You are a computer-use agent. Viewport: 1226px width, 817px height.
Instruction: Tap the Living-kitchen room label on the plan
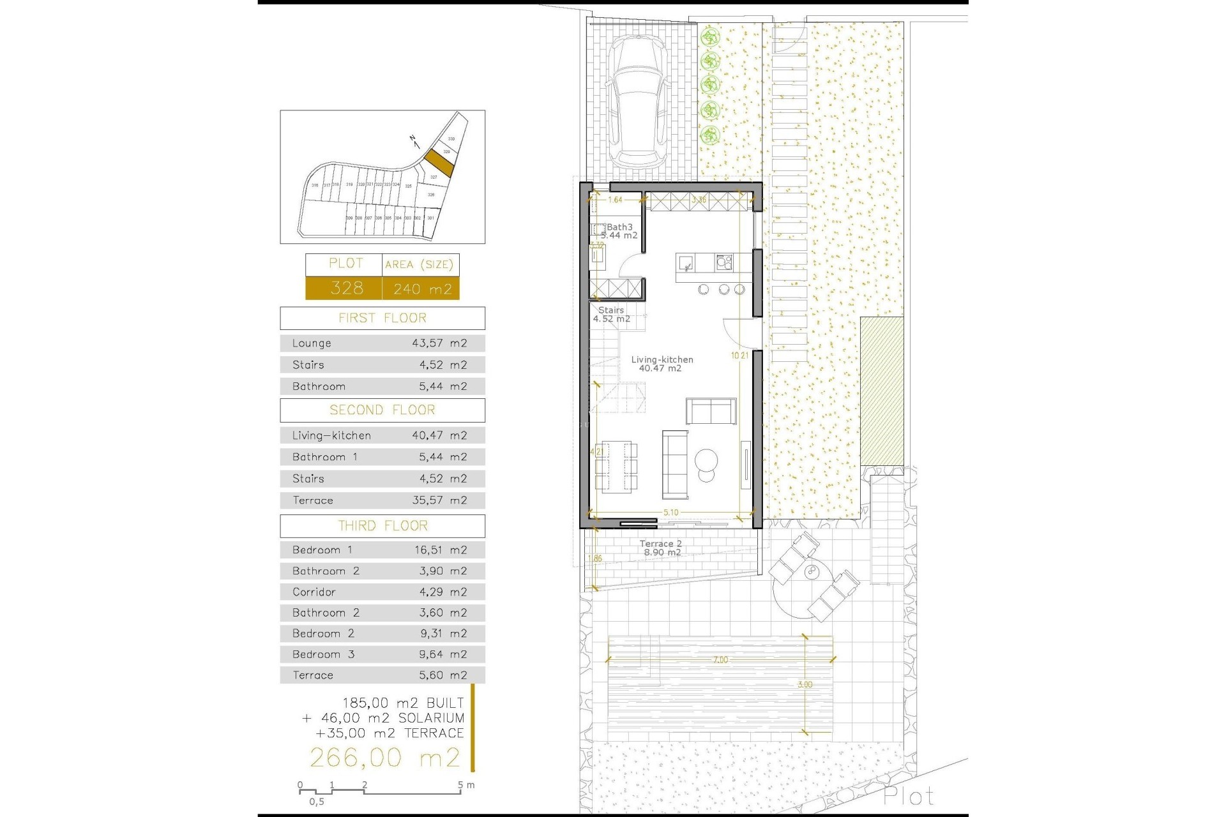(x=662, y=364)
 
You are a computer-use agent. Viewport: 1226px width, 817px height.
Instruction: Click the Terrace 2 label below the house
(x=661, y=548)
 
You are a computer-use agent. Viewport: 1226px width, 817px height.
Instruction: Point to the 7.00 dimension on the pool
(x=720, y=660)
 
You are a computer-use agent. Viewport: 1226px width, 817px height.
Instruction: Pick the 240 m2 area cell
(x=421, y=289)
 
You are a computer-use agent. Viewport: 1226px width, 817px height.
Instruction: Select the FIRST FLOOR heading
(x=382, y=318)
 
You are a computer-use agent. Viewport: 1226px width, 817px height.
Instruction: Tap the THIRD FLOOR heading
(x=382, y=526)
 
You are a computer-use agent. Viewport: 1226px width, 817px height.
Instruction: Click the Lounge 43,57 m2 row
(x=382, y=343)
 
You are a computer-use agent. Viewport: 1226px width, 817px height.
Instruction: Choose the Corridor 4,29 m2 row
(x=382, y=592)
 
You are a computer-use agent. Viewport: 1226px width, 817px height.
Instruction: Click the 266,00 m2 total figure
(x=384, y=758)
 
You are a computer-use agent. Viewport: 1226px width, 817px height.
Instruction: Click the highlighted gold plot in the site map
(x=439, y=163)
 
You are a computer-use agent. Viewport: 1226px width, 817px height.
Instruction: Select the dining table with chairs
(x=616, y=466)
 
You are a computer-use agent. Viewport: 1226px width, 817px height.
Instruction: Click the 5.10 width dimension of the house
(x=670, y=513)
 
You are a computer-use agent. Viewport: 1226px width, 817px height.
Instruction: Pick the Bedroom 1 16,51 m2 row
(x=382, y=550)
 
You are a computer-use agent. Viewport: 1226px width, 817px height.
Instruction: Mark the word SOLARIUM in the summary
(x=431, y=718)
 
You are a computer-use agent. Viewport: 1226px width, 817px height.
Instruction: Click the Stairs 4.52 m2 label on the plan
(x=611, y=315)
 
